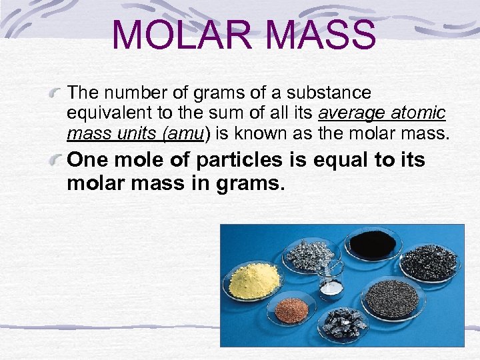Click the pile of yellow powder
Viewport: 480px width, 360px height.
pos(254,279)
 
